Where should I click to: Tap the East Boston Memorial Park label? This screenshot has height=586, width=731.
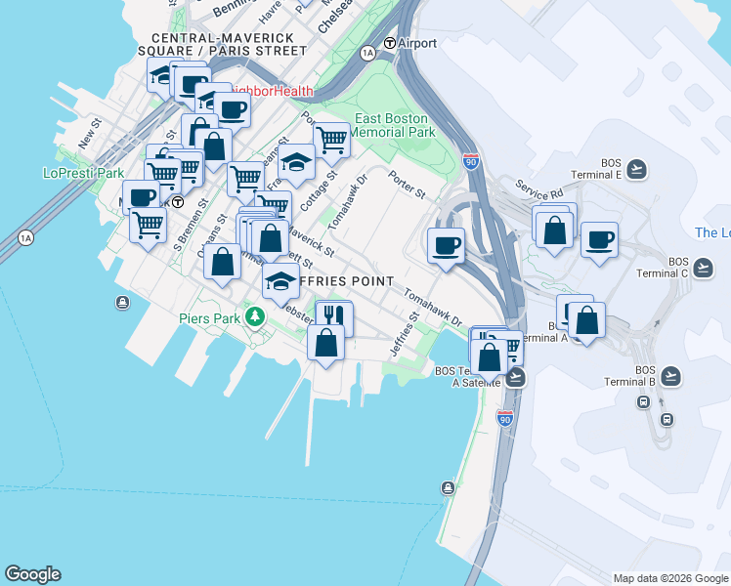click(x=391, y=125)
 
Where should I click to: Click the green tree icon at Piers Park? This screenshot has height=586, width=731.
click(x=255, y=316)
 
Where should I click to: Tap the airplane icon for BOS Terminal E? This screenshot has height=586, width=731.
click(x=637, y=169)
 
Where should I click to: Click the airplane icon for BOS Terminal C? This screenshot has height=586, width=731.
click(x=703, y=266)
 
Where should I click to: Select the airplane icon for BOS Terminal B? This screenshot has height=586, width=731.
click(x=669, y=375)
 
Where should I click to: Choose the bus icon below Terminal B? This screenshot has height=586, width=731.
click(x=667, y=419)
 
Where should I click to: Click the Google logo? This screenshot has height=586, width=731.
click(x=32, y=574)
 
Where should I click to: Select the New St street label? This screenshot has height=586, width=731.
click(x=89, y=136)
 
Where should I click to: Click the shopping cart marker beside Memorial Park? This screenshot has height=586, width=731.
click(x=331, y=140)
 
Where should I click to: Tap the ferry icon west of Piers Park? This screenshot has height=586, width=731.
click(x=122, y=303)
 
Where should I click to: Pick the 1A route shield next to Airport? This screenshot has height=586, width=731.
click(x=367, y=53)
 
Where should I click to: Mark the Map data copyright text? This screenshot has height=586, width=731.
click(x=669, y=578)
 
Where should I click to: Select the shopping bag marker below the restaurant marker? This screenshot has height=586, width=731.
click(x=326, y=342)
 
